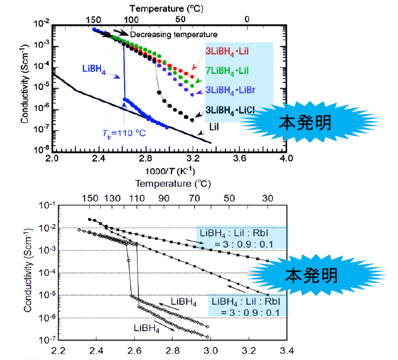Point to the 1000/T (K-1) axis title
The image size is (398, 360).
pos(169,171)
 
